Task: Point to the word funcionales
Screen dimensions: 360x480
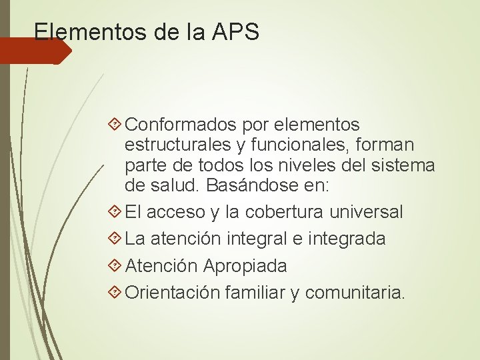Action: pyautogui.click(x=298, y=145)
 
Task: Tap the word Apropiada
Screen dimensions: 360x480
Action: pyautogui.click(x=245, y=266)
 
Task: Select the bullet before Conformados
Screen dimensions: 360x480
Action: pyautogui.click(x=117, y=125)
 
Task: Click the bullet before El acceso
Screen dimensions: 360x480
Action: pyautogui.click(x=117, y=212)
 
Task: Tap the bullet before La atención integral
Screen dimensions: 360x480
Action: pyautogui.click(x=117, y=239)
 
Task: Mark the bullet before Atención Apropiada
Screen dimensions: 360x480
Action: pyautogui.click(x=117, y=266)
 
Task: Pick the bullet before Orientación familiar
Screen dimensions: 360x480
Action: pyautogui.click(x=117, y=292)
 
